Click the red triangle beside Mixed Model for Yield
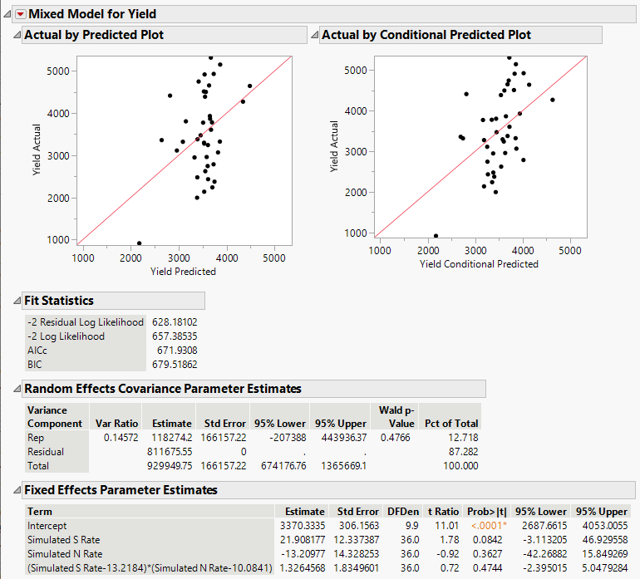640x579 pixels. (20, 13)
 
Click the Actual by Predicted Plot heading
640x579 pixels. (94, 35)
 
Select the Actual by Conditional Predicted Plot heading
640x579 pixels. (426, 35)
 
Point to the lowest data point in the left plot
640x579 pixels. (139, 243)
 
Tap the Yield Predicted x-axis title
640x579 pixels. (183, 272)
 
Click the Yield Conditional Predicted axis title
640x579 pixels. (479, 264)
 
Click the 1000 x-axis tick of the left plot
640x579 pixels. (83, 258)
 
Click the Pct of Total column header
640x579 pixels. (450, 423)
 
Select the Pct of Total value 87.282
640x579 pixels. (462, 452)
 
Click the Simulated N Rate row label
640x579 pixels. (65, 554)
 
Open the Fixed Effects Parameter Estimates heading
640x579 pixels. (121, 490)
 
